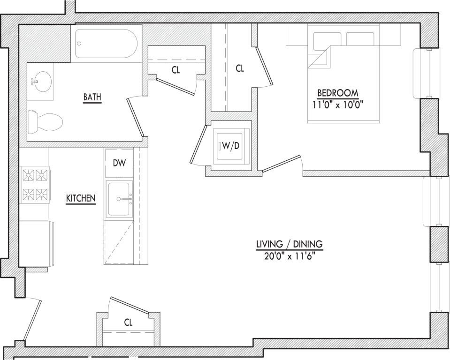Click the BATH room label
92,97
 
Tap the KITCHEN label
81,198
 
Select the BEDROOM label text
338,93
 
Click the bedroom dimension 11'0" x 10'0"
338,105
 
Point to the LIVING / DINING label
289,244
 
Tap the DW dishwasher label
119,163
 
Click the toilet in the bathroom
46,122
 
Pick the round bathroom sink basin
41,82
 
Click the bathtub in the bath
107,43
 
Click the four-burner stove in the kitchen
35,185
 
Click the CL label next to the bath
175,70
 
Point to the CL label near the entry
128,323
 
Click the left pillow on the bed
328,41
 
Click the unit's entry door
32,321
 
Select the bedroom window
427,74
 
